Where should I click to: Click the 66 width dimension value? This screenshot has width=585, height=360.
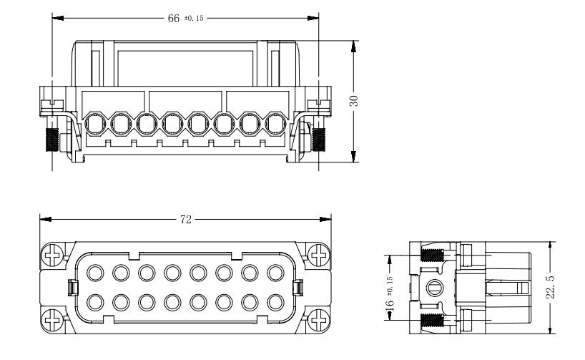[173, 18]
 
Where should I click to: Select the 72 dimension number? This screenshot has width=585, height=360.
[185, 220]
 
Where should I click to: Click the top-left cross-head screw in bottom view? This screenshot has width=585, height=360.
[53, 253]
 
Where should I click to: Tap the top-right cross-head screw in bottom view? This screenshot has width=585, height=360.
[316, 253]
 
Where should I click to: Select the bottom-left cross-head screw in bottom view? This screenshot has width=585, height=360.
[53, 316]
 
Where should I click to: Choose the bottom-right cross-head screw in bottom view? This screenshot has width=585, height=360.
[316, 316]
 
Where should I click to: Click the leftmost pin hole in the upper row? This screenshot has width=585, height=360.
[94, 272]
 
